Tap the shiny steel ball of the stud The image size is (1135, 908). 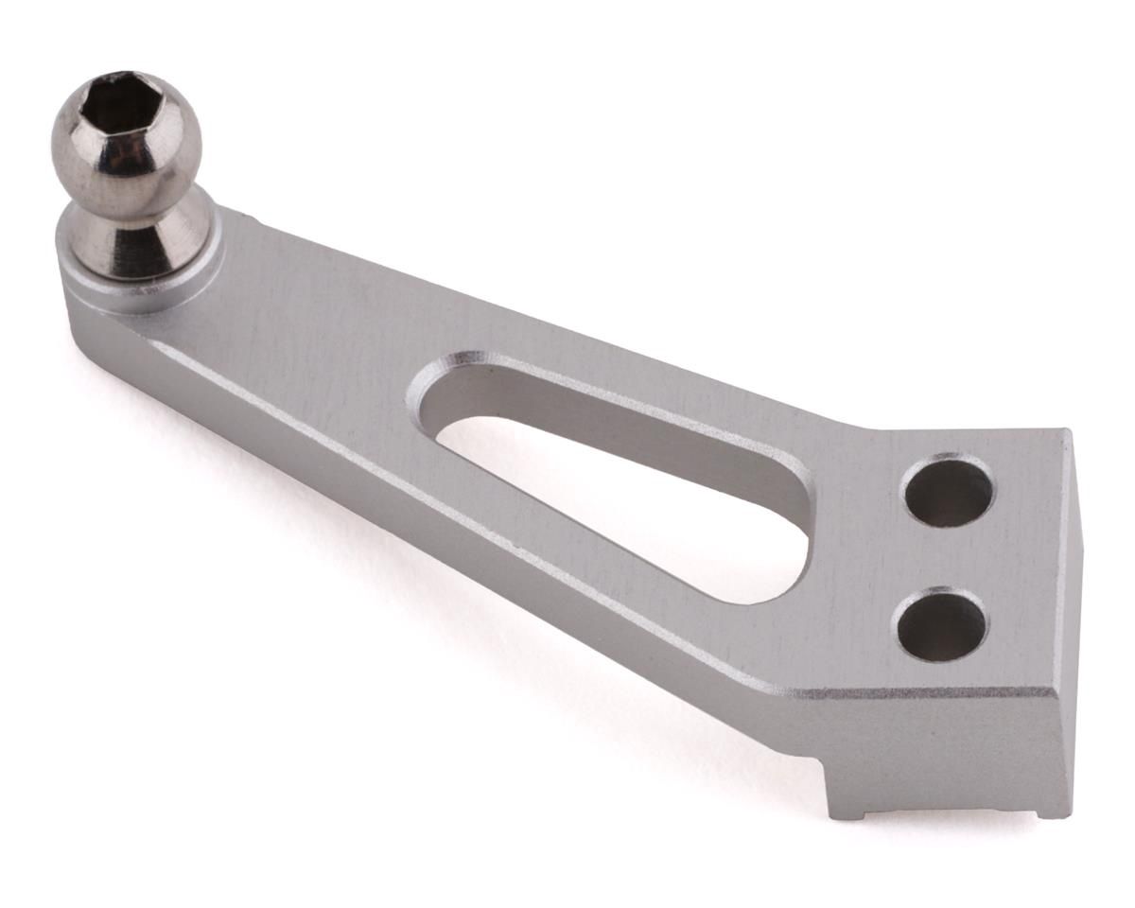[x=128, y=156]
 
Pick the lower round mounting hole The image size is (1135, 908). [x=942, y=624]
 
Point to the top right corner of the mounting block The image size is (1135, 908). [x=1067, y=435]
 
